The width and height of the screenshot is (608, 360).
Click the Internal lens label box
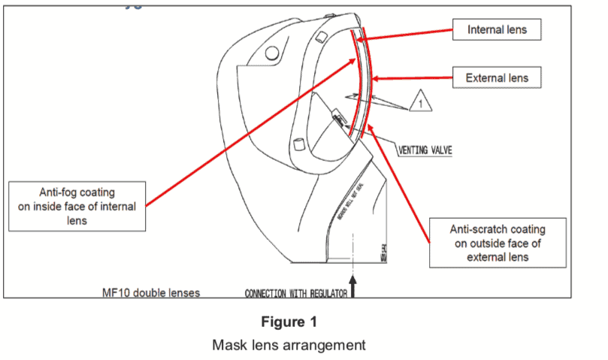coord(497,30)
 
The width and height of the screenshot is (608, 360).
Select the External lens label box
coord(497,77)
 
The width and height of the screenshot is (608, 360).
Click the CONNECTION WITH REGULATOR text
coord(295,293)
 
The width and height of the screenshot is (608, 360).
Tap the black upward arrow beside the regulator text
coord(352,288)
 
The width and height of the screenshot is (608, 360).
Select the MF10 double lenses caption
coord(151,292)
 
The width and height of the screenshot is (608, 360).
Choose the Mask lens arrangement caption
coord(289,345)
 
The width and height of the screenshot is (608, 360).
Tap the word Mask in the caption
coord(230,345)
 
